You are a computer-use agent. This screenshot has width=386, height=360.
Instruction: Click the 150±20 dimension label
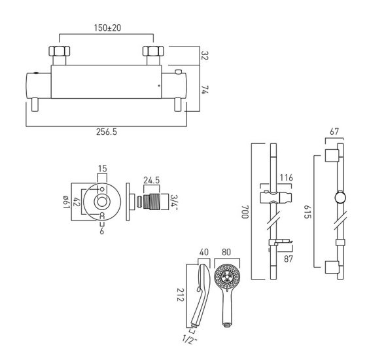click(x=107, y=27)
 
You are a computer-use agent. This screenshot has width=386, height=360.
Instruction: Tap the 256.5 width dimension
click(x=107, y=132)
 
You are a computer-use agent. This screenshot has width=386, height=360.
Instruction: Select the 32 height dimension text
click(x=205, y=56)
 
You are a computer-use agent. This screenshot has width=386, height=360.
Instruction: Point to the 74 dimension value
click(x=205, y=90)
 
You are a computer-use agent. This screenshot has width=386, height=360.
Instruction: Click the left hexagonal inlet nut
click(x=60, y=51)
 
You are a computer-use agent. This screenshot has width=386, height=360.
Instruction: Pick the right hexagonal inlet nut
click(x=153, y=51)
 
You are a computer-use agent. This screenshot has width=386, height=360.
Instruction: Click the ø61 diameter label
click(x=66, y=202)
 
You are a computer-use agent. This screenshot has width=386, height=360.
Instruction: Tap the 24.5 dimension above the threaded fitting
click(x=152, y=180)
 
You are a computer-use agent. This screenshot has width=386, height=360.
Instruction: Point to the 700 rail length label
click(x=245, y=211)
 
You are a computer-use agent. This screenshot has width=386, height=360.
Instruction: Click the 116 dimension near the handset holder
click(x=287, y=177)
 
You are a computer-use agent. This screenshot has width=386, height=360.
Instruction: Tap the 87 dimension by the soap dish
click(x=289, y=259)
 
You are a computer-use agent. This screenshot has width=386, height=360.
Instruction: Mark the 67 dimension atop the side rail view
click(x=334, y=132)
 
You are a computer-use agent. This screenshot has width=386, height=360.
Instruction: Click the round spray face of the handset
click(x=227, y=276)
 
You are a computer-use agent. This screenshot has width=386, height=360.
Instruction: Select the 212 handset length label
click(x=181, y=295)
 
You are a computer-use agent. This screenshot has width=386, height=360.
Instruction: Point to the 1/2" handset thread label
click(x=188, y=340)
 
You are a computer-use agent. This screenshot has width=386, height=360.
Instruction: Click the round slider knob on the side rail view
click(x=340, y=198)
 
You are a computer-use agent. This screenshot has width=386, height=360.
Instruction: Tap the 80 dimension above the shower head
click(x=226, y=252)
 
